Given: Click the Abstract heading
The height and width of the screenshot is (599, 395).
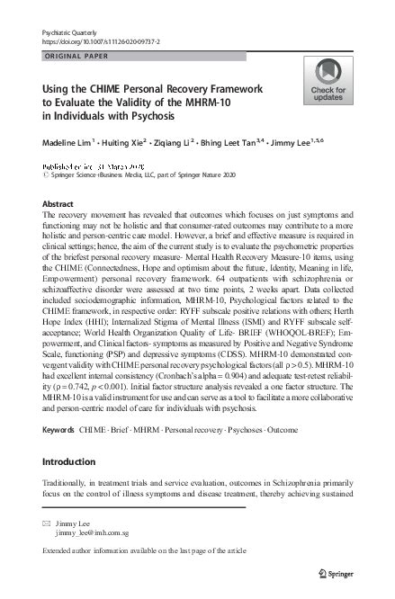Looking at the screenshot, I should coord(58,204).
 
